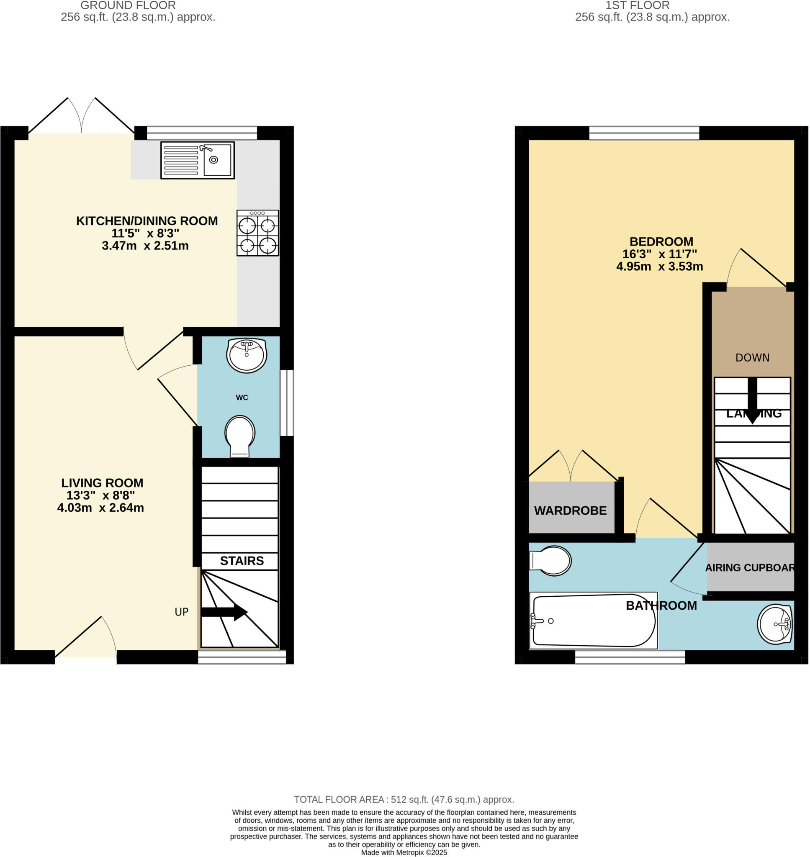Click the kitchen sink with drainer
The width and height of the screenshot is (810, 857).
[x=197, y=160]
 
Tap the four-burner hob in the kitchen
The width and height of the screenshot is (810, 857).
[x=257, y=233]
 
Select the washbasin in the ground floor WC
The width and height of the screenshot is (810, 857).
[x=247, y=355]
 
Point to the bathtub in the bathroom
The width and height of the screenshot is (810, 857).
[x=593, y=621]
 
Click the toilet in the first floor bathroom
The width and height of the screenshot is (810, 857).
[x=550, y=561]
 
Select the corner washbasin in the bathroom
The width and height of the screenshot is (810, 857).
[x=775, y=624]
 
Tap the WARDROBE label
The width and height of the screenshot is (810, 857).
[x=571, y=511]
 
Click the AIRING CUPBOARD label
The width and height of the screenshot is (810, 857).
[x=750, y=568]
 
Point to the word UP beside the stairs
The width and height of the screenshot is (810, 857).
[x=181, y=612]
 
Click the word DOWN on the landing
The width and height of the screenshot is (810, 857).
[x=752, y=358]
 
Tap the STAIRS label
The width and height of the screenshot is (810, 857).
[x=242, y=561]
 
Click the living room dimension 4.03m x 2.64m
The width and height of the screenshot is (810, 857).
[x=100, y=508]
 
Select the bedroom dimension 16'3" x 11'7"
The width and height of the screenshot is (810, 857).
[x=659, y=254]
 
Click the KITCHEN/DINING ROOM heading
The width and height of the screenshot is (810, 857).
[x=147, y=221]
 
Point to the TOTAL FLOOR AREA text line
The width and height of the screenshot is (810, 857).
[x=404, y=800]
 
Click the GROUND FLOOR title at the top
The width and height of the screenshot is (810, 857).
[x=128, y=5]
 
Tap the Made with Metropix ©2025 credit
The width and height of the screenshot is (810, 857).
[x=404, y=853]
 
